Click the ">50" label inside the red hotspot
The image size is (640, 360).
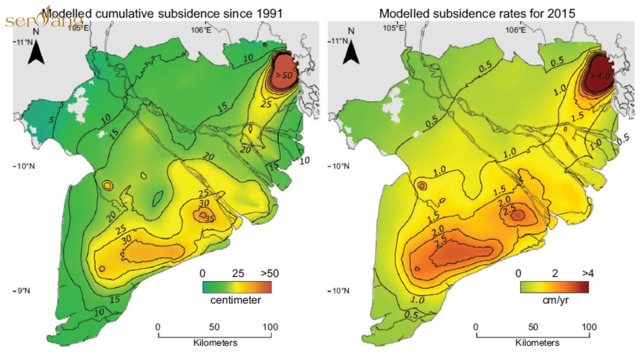point(284,75)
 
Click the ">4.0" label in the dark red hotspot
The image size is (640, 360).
point(600,76)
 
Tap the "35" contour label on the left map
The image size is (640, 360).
point(210,219)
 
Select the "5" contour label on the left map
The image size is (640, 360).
point(51,119)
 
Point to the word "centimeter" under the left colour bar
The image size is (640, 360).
point(236,300)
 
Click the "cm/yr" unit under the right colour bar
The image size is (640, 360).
point(555,300)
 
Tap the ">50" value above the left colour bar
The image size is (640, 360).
point(270,274)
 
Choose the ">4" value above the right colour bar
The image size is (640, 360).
point(588,274)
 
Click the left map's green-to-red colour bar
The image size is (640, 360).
point(237,287)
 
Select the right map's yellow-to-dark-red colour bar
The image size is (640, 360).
point(554,287)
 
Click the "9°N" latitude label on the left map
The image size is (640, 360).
point(23,291)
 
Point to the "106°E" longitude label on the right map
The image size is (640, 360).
point(515,30)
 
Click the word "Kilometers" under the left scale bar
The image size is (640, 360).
point(215,343)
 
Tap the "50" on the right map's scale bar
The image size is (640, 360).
point(533,327)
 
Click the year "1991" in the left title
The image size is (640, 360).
point(269,14)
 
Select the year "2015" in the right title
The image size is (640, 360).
point(562,14)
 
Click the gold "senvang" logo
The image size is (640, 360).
point(44,19)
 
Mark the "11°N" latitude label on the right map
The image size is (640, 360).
point(339,41)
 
